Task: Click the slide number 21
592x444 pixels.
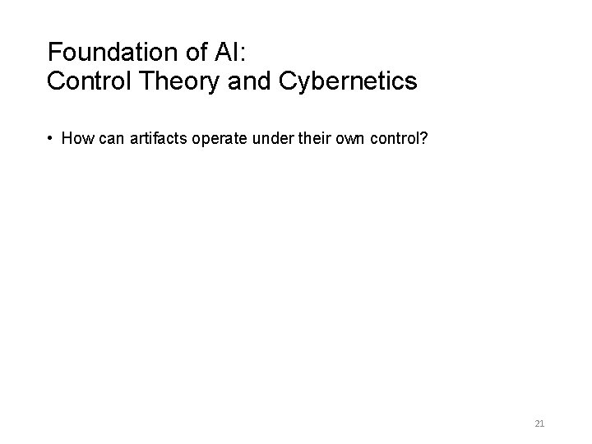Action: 539,423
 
